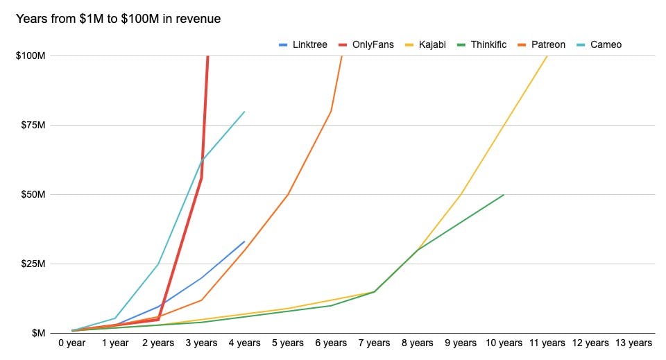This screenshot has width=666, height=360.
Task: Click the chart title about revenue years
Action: (x=118, y=19)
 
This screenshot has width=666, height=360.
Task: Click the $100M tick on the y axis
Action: (x=30, y=55)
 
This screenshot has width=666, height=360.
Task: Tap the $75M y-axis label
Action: (x=32, y=125)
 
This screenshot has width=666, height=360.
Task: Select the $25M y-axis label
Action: (x=32, y=264)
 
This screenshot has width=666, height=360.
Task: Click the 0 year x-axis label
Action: (x=73, y=343)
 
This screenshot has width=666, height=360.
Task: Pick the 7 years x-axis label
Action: (x=374, y=343)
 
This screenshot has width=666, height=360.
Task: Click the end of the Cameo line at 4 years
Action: (x=245, y=111)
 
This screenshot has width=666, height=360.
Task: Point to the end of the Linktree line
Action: (x=245, y=241)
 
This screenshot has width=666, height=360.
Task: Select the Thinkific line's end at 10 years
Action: (x=503, y=195)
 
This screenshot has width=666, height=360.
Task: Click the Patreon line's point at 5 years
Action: (x=288, y=195)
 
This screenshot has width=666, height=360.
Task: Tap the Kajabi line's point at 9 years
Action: (x=460, y=195)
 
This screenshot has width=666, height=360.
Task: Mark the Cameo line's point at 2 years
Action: (x=159, y=264)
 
